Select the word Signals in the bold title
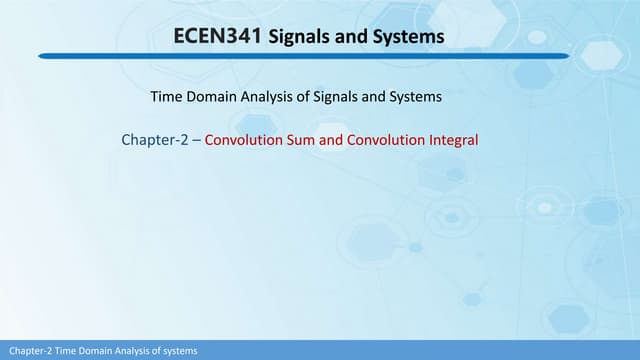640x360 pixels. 302,38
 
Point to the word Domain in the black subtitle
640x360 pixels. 210,97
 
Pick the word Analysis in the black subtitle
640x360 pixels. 267,97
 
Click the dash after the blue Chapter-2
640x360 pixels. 197,140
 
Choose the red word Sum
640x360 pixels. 301,140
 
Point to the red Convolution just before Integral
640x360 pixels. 384,140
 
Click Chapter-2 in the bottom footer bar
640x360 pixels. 26,351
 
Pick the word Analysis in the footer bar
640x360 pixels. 127,351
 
